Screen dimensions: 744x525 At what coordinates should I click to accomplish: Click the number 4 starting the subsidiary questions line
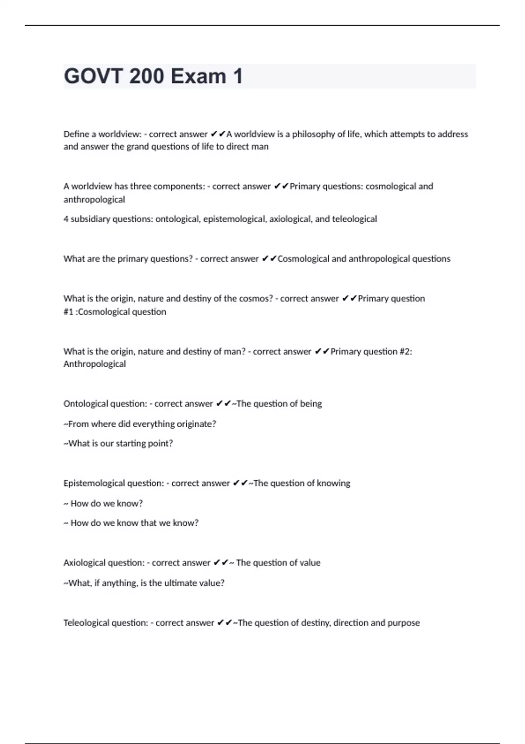tap(66, 219)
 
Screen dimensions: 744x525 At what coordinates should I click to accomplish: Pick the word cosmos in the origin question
tap(254, 298)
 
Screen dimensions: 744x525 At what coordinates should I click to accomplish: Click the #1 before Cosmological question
tap(68, 312)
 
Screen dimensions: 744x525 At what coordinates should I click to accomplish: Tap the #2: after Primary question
tap(406, 351)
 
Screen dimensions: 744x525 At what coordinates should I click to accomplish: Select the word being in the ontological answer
tap(311, 404)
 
